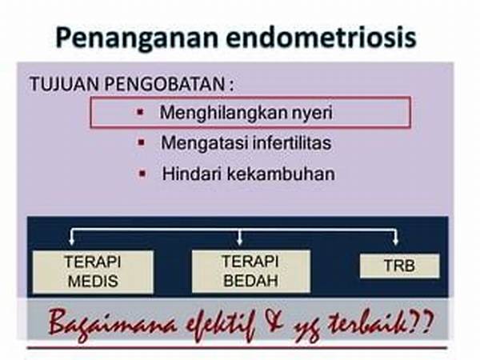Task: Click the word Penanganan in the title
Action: [137, 38]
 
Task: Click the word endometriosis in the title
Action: [321, 38]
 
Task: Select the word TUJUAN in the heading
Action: [65, 84]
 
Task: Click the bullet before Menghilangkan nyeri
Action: [141, 112]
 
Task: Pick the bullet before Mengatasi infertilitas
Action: [142, 142]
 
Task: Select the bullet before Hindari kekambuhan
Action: [142, 174]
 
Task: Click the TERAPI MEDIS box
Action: [93, 272]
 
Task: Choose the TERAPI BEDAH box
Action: [250, 271]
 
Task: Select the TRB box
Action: [399, 266]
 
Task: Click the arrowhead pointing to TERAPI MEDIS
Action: [72, 242]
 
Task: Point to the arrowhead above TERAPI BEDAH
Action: [240, 242]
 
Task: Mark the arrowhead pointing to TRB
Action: [395, 242]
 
